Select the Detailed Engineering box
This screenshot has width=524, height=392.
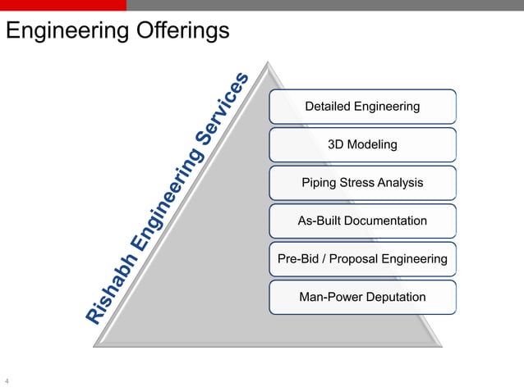[362, 107]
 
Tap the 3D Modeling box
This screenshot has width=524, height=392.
[362, 144]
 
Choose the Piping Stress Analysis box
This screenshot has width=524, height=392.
[362, 182]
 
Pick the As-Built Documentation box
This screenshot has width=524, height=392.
[362, 221]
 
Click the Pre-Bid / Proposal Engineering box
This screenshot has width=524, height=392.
[362, 259]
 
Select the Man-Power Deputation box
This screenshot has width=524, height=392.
[362, 297]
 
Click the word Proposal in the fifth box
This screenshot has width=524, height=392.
[367, 259]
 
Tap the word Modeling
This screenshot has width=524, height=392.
[373, 144]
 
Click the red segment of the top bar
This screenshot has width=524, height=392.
[63, 5]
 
